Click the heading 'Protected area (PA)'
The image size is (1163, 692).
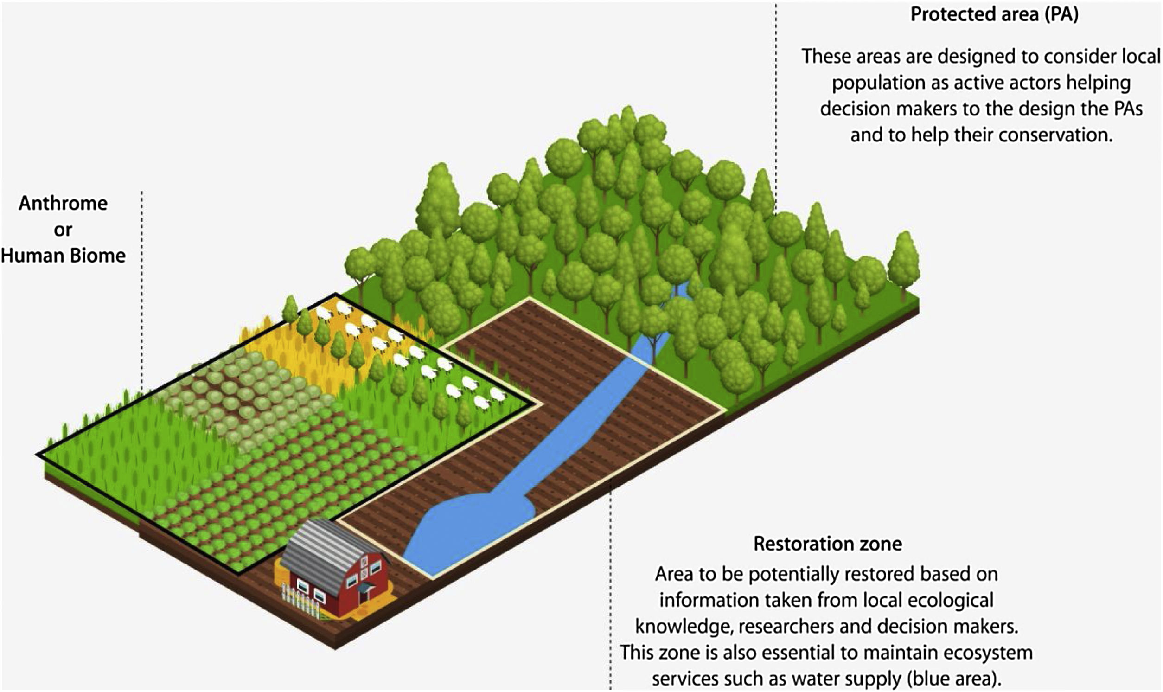[x=994, y=15]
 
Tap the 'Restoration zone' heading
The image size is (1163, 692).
[x=828, y=544]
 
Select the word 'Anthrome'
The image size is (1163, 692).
[x=64, y=203]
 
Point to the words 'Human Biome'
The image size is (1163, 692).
[x=64, y=256]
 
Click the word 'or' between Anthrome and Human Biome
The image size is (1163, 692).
[x=64, y=230]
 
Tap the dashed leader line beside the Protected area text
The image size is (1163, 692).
[x=776, y=93]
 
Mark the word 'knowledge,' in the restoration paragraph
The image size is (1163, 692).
[x=680, y=626]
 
